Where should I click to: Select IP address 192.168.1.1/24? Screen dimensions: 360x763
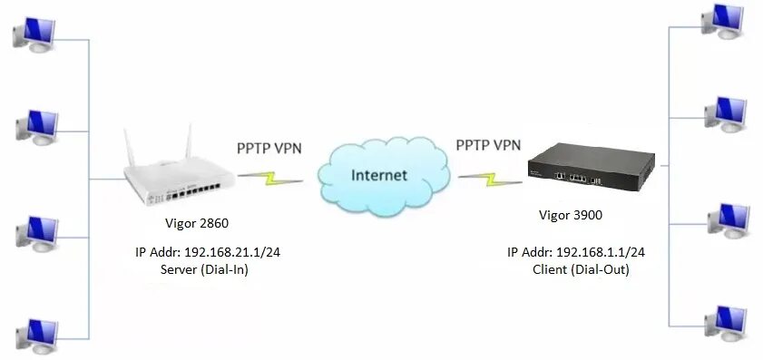pos(582,251)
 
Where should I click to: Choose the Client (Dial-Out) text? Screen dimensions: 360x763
pos(580,268)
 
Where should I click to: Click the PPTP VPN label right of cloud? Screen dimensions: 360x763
pos(489,144)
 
